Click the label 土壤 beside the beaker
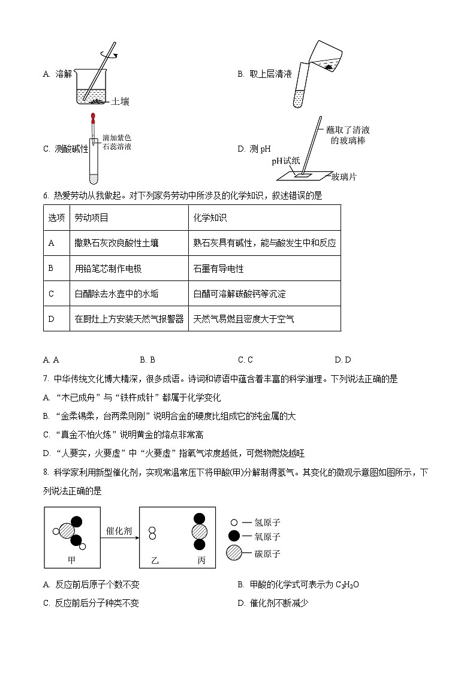[x=120, y=102]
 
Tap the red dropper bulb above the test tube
[x=93, y=116]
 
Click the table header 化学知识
[x=210, y=218]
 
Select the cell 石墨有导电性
[x=218, y=268]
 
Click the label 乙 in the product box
[x=155, y=561]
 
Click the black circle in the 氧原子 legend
[x=234, y=537]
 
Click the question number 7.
[x=46, y=379]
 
